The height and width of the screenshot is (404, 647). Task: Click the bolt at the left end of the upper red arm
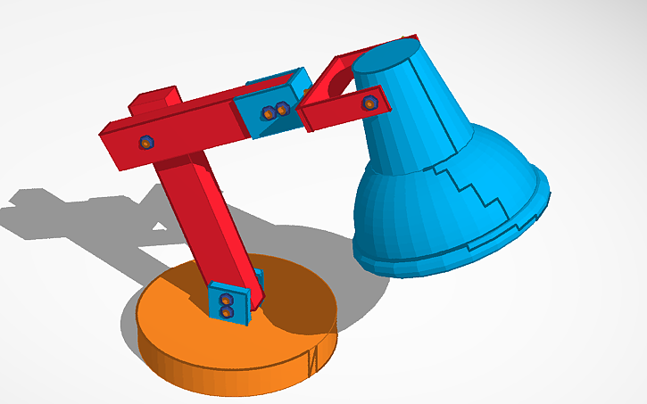[x=146, y=142]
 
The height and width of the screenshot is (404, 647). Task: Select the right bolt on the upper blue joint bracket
[x=281, y=109]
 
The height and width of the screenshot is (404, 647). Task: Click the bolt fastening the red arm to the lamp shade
[x=369, y=104]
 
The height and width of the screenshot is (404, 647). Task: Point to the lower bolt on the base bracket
[x=226, y=312]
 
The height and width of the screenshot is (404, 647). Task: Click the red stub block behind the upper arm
[x=155, y=99]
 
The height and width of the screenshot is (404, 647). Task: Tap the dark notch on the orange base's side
[x=312, y=362]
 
